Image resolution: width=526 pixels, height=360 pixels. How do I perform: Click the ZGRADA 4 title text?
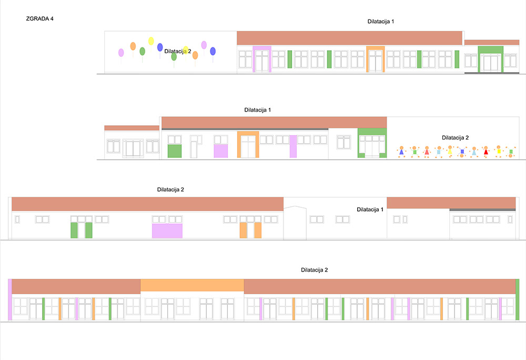click(x=39, y=19)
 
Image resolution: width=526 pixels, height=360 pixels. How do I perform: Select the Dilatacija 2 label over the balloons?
click(x=177, y=52)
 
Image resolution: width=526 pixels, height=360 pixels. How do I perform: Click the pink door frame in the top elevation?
click(x=262, y=59)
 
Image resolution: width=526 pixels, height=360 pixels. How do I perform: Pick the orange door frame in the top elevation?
click(x=376, y=59)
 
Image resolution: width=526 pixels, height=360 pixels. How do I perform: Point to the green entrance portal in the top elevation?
click(x=490, y=59)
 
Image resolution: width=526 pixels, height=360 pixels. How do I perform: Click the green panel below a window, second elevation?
click(x=175, y=151)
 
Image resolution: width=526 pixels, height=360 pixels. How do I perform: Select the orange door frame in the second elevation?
click(x=248, y=145)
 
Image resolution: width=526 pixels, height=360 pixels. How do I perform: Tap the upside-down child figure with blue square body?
click(x=462, y=152)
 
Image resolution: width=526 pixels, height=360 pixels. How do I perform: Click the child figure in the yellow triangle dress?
click(x=450, y=152)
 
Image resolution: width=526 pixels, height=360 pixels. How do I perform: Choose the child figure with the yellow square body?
click(x=499, y=151)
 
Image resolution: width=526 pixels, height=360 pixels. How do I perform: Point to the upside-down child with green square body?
click(x=511, y=152)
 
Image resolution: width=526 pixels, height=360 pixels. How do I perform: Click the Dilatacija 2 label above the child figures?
click(x=455, y=137)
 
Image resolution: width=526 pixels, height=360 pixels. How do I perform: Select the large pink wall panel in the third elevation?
click(x=167, y=231)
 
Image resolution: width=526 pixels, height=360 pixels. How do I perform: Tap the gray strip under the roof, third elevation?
click(x=482, y=209)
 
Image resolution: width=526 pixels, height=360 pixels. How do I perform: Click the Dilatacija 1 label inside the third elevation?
click(x=370, y=209)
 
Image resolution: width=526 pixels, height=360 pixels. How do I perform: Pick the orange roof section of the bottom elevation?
click(x=192, y=285)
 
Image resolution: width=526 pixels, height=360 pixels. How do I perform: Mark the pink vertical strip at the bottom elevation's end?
click(x=10, y=299)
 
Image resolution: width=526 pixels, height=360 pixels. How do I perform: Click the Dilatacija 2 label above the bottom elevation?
click(x=315, y=270)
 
